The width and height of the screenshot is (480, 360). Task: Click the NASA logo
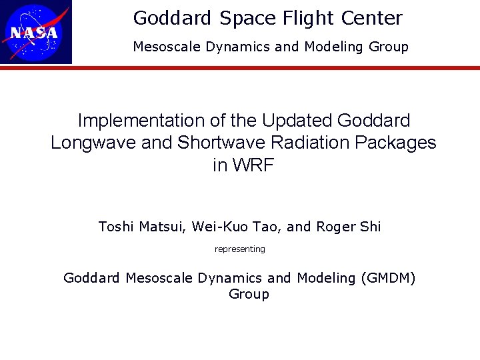point(36,32)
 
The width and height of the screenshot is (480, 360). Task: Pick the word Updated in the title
point(297,121)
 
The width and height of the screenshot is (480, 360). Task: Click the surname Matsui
point(162,227)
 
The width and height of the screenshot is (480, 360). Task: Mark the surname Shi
point(371,227)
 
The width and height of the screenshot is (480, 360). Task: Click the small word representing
point(240,249)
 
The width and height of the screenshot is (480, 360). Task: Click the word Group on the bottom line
point(249,295)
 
